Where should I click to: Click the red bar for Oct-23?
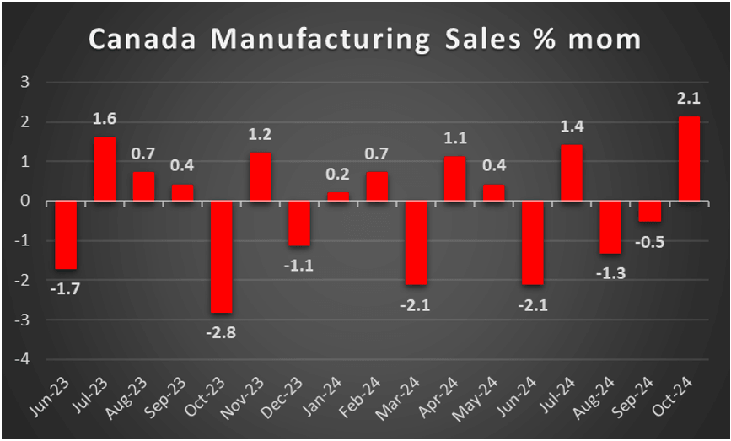221,257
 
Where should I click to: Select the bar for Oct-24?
689,159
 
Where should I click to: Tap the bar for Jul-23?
104,169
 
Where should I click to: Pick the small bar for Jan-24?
338,196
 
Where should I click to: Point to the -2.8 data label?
221,331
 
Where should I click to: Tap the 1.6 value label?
104,120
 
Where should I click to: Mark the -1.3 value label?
610,272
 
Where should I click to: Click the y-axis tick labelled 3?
26,83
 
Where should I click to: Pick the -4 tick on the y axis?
24,360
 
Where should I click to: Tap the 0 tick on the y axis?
26,202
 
